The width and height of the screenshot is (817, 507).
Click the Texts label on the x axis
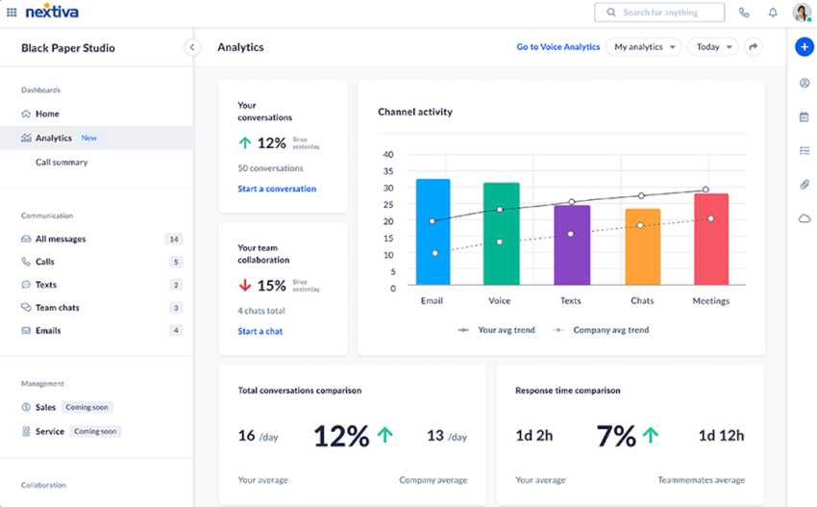point(571,301)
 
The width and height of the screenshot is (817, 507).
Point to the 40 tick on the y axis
point(388,154)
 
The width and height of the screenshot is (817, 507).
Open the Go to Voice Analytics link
point(557,47)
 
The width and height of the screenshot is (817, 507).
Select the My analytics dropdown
point(643,47)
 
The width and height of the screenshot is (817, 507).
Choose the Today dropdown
point(712,47)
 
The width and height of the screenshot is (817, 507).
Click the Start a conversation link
point(277,189)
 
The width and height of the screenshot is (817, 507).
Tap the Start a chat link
point(260,331)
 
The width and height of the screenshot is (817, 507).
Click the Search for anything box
point(659,13)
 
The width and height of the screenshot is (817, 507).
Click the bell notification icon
point(773,13)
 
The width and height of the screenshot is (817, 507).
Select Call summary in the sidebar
point(62,163)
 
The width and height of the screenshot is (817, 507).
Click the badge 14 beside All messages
point(173,239)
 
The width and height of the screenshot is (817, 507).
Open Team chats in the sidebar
point(57,308)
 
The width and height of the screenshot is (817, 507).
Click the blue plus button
point(805,47)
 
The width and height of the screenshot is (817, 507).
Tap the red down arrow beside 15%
point(245,286)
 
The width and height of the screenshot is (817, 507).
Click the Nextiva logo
point(52,13)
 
